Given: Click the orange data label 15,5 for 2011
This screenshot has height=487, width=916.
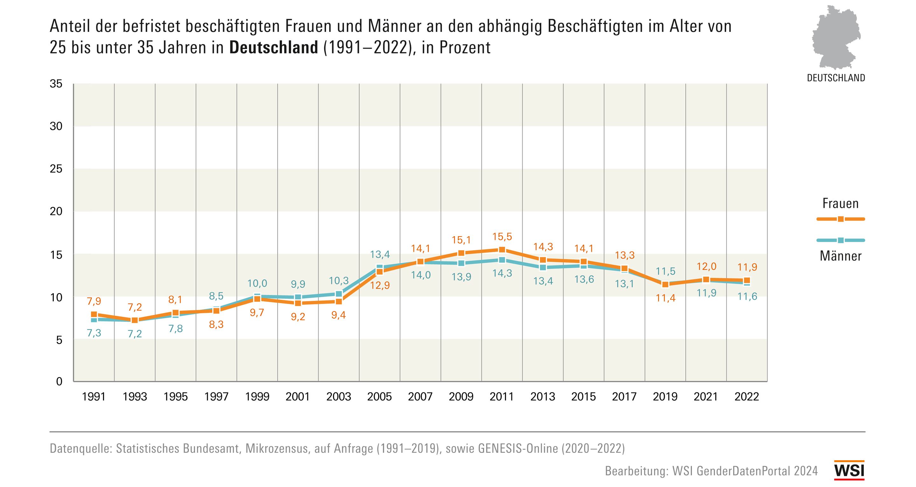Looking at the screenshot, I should point(502,237).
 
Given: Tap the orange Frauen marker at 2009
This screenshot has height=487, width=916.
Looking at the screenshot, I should point(461,253).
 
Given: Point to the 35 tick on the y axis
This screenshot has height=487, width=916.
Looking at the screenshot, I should point(56,84).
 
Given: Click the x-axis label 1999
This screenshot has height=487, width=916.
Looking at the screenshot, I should point(257,397).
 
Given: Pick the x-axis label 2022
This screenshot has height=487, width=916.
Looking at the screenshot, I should point(747,397).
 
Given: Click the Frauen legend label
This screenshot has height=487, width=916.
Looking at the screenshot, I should point(840,204).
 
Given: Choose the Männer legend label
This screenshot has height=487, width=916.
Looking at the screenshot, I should point(841,256).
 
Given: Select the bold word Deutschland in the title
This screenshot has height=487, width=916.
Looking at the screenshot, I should point(274,47).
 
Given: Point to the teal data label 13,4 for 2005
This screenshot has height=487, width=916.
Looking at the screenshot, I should point(380,255).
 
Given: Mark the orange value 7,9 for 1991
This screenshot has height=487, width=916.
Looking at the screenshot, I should point(94,301).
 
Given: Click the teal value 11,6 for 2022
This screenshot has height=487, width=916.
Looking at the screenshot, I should point(747,297).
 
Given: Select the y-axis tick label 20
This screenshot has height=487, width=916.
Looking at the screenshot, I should point(56,211).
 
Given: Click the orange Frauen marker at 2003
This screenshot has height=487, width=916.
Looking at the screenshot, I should point(339,301).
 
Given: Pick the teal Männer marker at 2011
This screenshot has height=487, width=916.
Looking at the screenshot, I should point(502,260).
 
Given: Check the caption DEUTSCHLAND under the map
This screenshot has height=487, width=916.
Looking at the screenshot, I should point(836,78).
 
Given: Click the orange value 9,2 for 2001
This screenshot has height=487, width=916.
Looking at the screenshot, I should point(298,316).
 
